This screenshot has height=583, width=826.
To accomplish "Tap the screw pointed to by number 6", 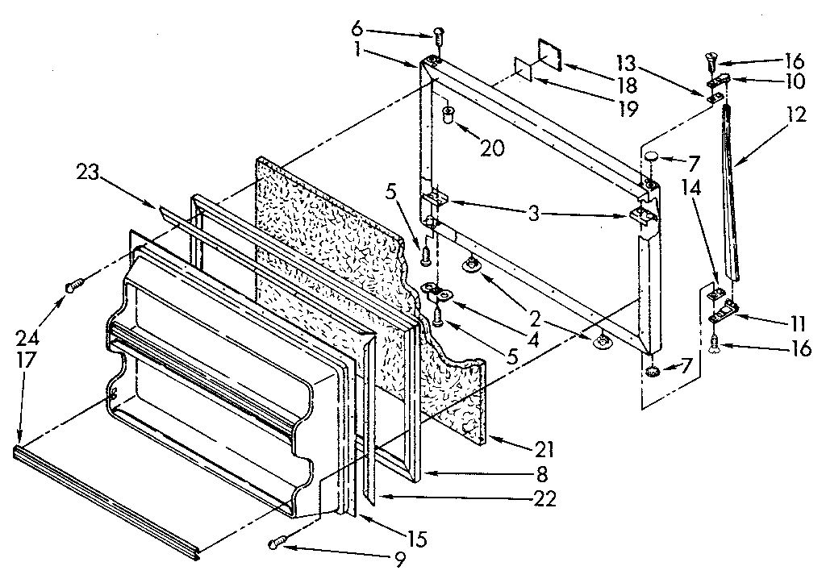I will [x=439, y=36].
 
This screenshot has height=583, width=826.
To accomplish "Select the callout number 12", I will [x=796, y=115].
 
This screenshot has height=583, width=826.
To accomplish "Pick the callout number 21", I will [x=543, y=443].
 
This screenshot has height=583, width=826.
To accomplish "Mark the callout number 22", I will [x=545, y=500].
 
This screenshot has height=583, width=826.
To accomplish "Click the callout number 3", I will [x=534, y=214].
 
